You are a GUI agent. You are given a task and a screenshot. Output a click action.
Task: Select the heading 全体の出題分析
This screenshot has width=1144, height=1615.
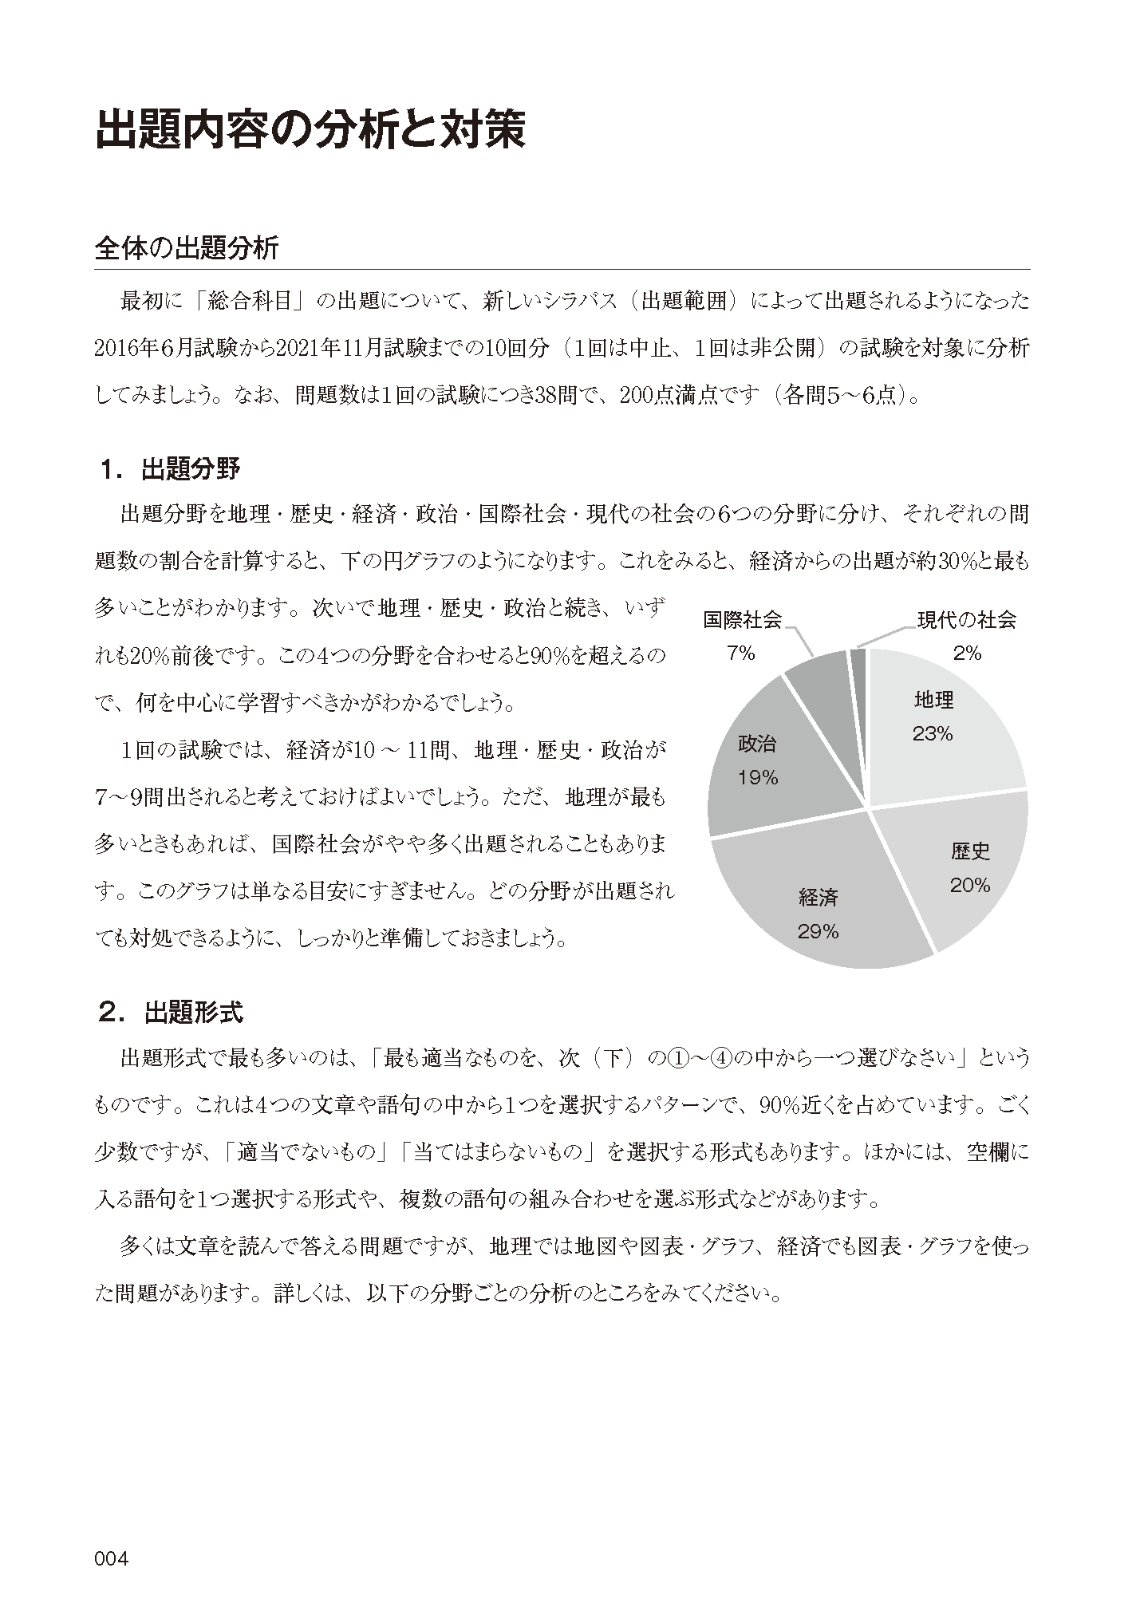(186, 248)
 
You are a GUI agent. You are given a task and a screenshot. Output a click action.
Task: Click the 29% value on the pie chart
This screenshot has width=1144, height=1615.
(818, 931)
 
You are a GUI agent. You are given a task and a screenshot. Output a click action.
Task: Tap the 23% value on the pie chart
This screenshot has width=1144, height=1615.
(933, 734)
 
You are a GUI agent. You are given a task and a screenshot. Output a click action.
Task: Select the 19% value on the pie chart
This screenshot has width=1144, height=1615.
(757, 778)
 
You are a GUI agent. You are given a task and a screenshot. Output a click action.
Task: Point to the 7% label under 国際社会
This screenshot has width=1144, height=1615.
(740, 654)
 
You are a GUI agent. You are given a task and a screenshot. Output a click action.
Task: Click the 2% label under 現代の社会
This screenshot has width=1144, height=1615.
(966, 654)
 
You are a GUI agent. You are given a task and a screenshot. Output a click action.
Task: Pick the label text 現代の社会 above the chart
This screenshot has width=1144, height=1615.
(966, 620)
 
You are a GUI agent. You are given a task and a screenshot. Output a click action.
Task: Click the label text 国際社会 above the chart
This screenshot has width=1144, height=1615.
(742, 620)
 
